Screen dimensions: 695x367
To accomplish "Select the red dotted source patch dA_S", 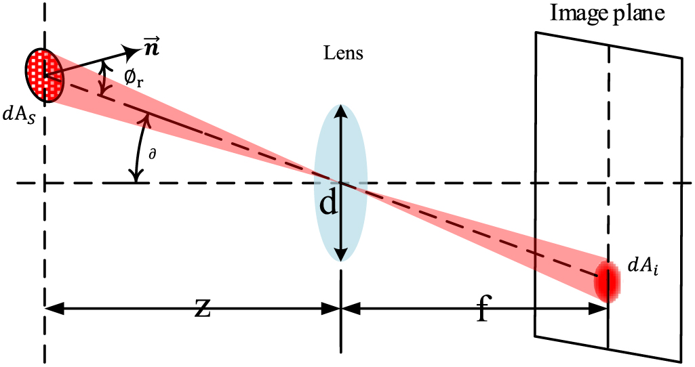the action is pyautogui.click(x=43, y=74).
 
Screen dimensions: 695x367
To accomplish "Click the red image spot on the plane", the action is pyautogui.click(x=607, y=280).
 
